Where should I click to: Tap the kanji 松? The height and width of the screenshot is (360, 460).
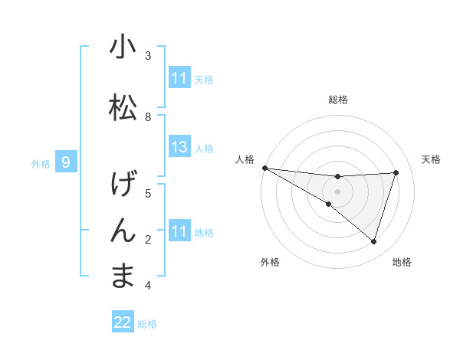coord(123,107)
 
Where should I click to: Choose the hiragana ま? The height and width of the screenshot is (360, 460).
coord(123,276)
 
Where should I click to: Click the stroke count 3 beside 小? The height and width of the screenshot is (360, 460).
coord(148,56)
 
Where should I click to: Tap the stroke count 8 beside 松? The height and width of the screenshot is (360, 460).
coord(148,117)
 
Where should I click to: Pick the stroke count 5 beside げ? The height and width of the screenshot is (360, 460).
coord(148,194)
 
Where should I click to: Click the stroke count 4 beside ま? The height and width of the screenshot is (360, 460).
coord(148,286)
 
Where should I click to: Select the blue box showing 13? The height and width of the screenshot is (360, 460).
coord(179,147)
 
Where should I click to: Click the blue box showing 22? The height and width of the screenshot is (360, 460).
coord(123,323)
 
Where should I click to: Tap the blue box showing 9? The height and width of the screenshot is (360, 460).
coord(66,162)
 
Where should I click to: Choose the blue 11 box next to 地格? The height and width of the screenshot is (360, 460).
coord(179,231)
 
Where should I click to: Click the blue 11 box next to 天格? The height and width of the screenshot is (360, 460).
coord(179,78)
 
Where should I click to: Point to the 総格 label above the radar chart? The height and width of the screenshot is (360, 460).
coord(337,100)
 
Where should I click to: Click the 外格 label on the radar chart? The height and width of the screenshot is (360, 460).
coord(270,263)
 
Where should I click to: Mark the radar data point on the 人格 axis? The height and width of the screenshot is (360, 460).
coord(264,168)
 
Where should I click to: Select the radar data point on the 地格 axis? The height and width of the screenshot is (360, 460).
coord(374,242)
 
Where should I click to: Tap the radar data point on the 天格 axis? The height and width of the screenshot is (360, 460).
coord(396,172)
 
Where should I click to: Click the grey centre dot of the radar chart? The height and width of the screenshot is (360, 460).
coord(337,190)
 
